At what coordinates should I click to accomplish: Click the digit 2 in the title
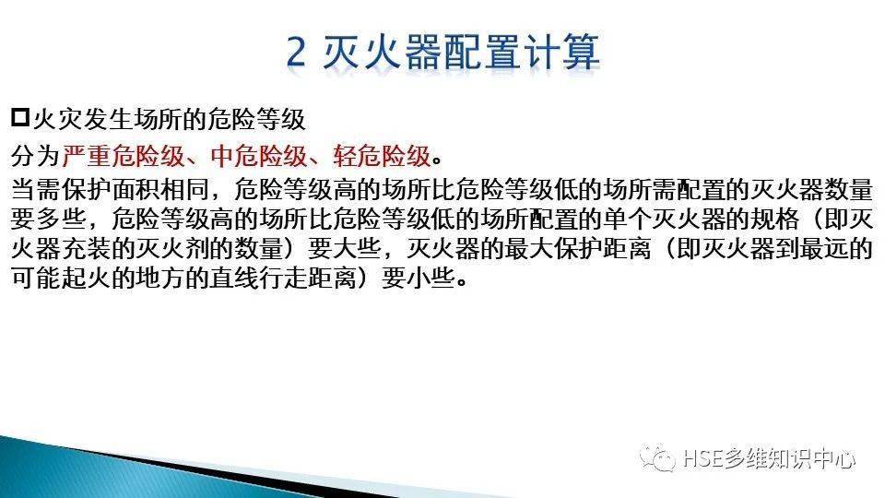click(x=296, y=52)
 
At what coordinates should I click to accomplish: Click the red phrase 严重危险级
click(x=123, y=156)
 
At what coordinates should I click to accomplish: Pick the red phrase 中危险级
click(x=259, y=156)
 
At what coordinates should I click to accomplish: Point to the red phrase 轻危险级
click(x=382, y=156)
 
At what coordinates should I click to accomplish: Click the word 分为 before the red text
click(x=35, y=156)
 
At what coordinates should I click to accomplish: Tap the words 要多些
click(x=47, y=219)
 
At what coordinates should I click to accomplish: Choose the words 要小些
click(x=419, y=278)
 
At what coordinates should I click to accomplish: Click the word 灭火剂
click(x=172, y=248)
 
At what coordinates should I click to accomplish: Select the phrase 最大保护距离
click(x=578, y=248)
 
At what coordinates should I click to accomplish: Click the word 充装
click(x=85, y=248)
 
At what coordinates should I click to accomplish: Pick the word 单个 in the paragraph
click(x=628, y=219)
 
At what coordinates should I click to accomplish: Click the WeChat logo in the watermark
click(x=657, y=458)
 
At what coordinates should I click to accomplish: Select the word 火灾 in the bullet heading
click(x=57, y=119)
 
